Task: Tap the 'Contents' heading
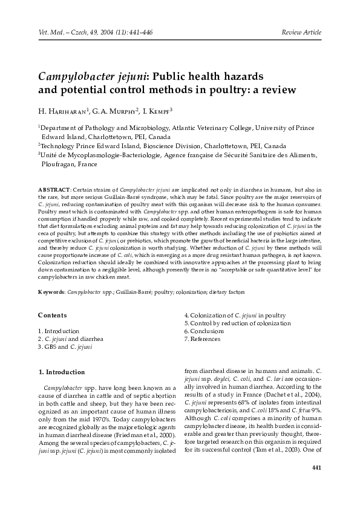tap(52, 315)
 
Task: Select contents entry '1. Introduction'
tap(59, 331)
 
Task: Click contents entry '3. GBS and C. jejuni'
tap(65, 347)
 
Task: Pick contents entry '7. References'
tap(205, 339)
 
